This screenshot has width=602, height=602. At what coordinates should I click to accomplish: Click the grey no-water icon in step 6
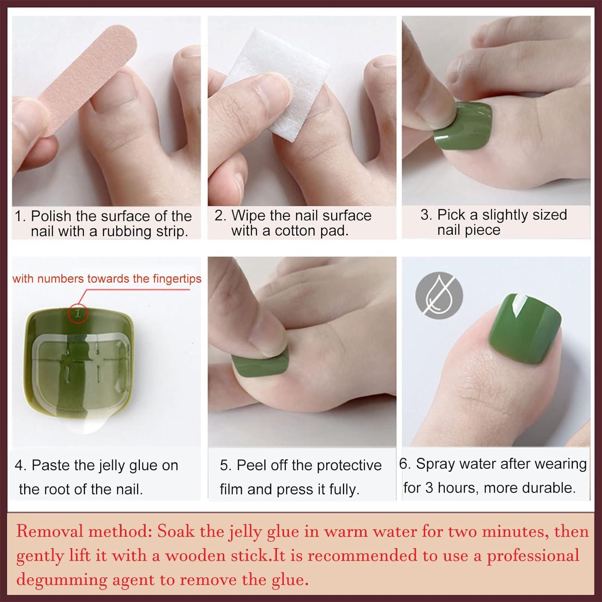pos(439,296)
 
